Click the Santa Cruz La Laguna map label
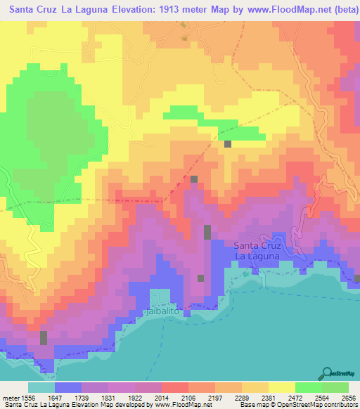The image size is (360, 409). (257, 251)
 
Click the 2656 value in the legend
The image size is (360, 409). (348, 398)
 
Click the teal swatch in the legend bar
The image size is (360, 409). (41, 388)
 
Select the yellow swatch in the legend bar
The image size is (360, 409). (281, 388)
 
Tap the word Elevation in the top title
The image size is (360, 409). (115, 10)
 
